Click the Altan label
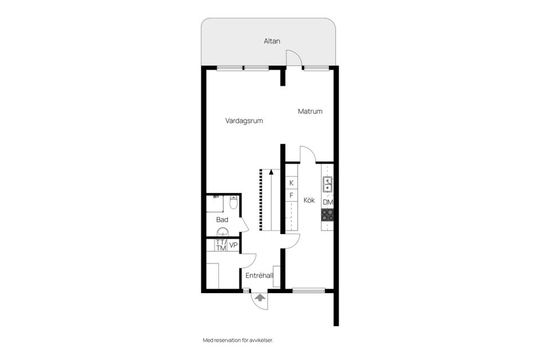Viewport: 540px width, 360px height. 272,41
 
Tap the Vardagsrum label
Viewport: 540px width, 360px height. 244,121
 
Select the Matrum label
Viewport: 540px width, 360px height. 310,111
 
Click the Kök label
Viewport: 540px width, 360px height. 309,200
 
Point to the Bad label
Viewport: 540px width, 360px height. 222,219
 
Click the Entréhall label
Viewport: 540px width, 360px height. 259,276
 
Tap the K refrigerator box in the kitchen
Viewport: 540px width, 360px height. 291,183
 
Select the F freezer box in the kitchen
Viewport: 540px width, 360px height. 291,195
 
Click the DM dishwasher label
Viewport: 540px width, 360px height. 328,202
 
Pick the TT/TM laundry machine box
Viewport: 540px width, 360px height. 221,245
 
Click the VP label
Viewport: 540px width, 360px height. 233,245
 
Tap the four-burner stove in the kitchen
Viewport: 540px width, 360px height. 327,215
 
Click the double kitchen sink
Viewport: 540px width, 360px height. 327,184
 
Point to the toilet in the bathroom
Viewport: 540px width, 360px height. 233,202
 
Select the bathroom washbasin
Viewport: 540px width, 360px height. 223,232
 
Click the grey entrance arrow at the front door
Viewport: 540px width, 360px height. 260,297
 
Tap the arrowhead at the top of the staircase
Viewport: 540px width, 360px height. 271,172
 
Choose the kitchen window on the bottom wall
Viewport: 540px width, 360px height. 309,291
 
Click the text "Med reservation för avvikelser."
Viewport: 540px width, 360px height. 238,340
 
